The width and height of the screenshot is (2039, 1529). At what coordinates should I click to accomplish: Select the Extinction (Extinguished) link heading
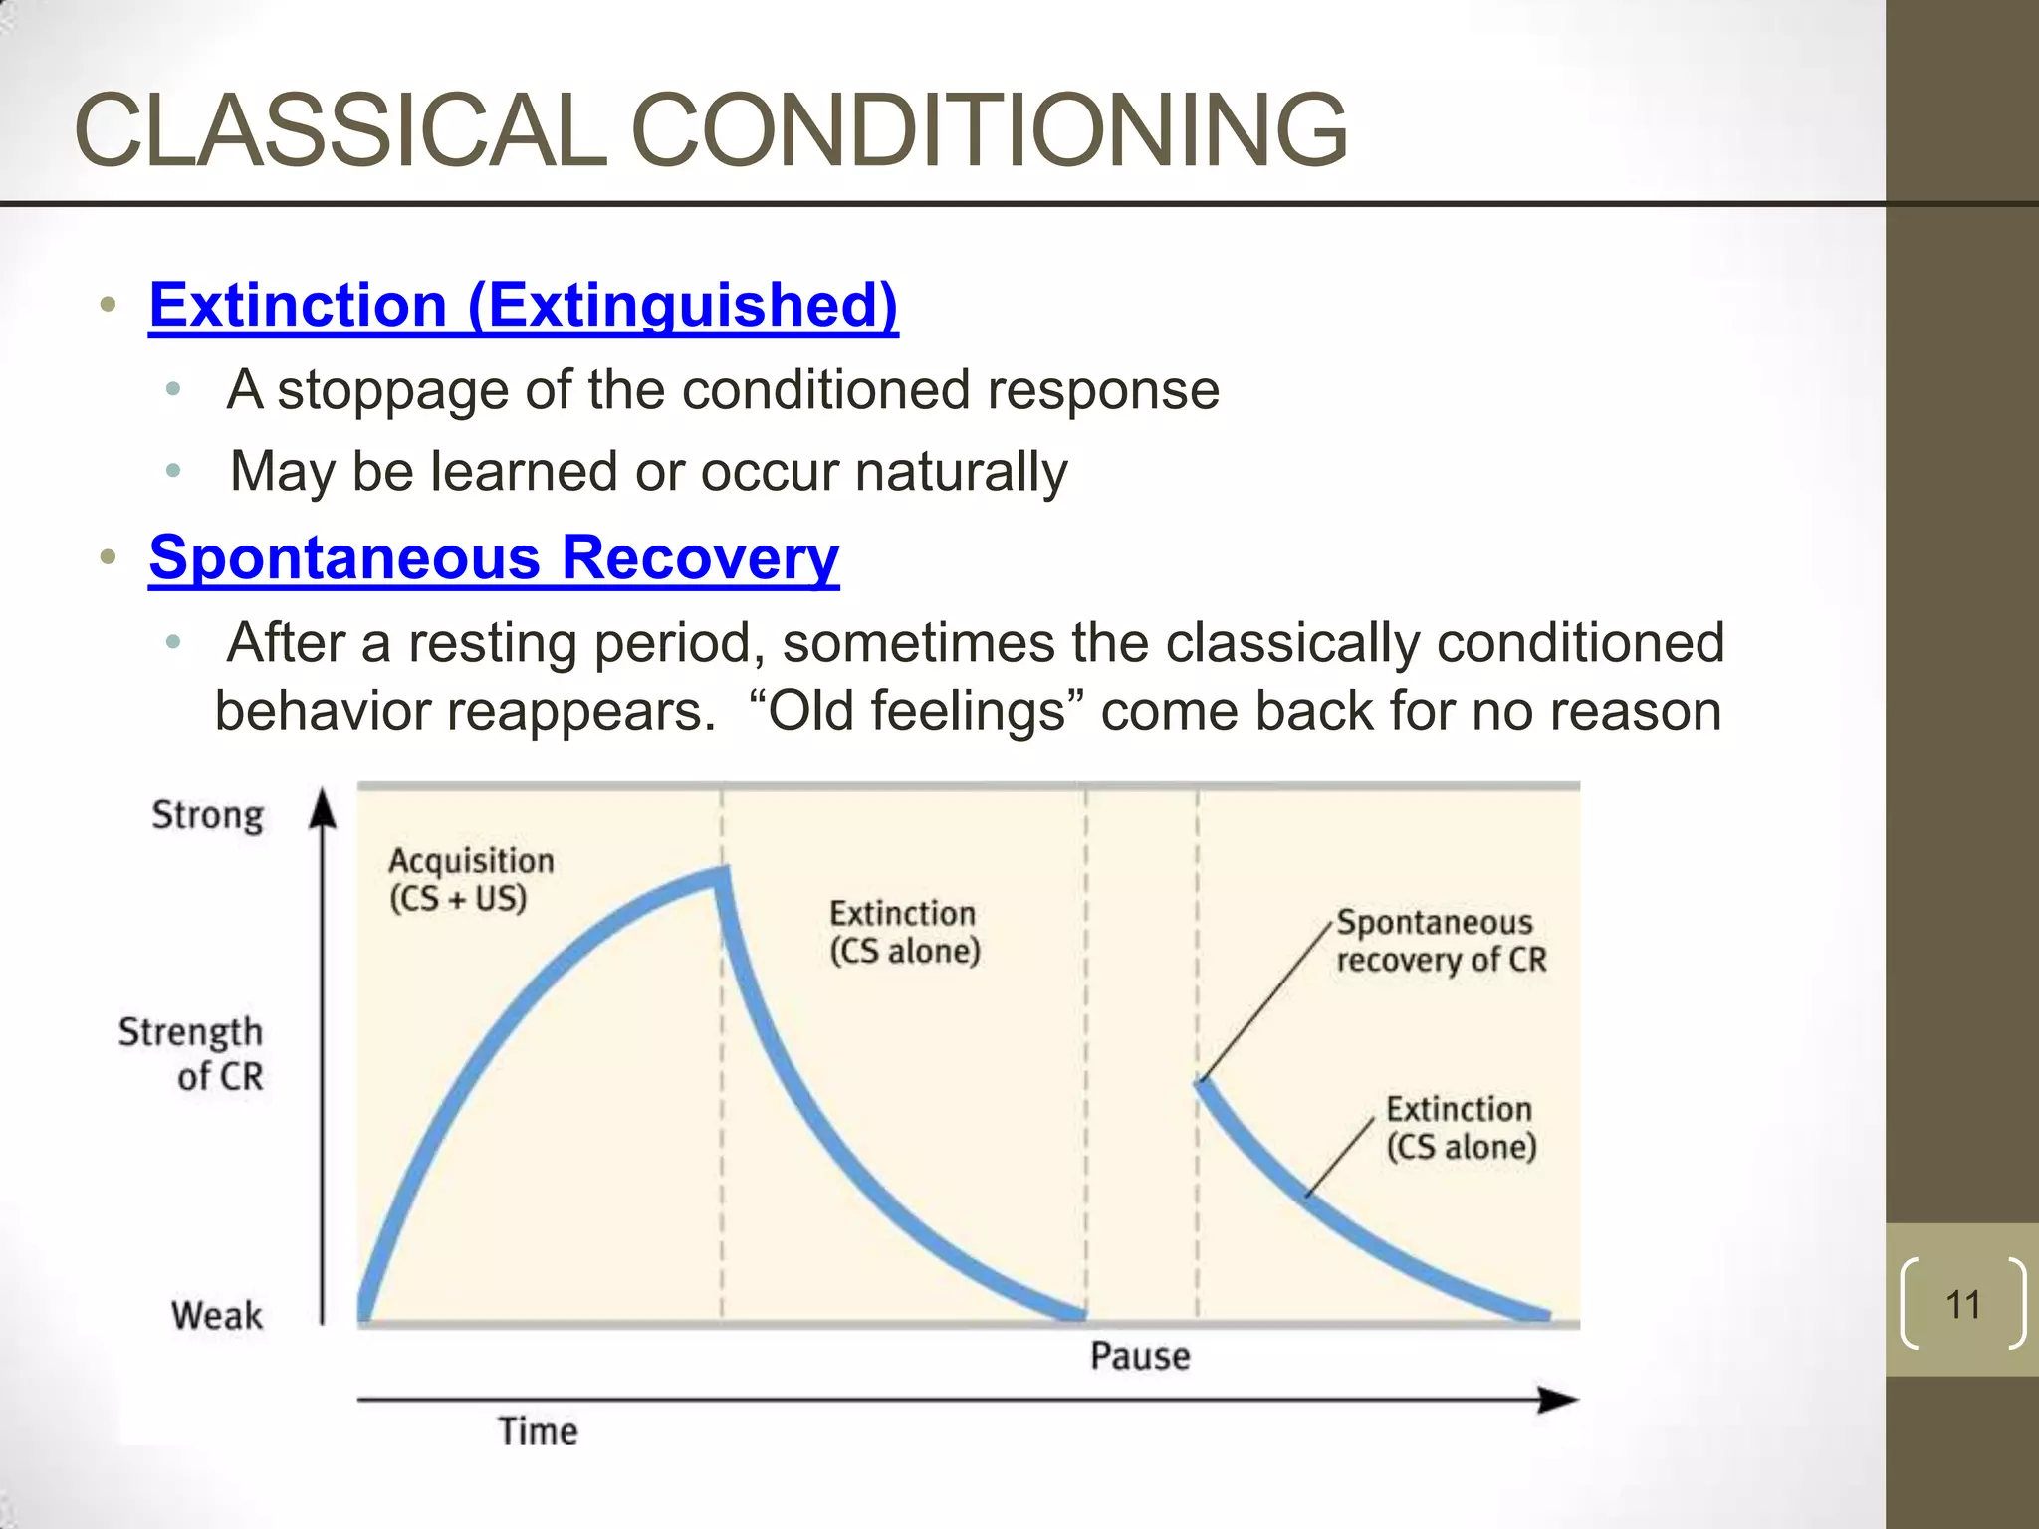(x=524, y=305)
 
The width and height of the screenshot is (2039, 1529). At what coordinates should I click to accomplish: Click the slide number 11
(x=1962, y=1305)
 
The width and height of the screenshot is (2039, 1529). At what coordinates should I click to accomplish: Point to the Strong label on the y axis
(x=208, y=815)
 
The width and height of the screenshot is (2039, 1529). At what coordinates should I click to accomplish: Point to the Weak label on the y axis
(x=217, y=1315)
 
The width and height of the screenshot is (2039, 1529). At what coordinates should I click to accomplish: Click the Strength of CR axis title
(x=192, y=1054)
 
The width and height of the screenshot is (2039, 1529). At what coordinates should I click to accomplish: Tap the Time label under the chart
(x=538, y=1431)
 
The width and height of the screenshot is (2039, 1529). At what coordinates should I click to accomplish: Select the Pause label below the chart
(x=1140, y=1356)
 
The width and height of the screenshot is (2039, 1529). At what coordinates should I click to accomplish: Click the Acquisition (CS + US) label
(x=470, y=879)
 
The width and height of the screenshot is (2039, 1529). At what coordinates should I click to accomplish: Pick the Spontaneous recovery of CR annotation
(x=1441, y=941)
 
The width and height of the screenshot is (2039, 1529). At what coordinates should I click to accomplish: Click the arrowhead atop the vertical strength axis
(x=323, y=808)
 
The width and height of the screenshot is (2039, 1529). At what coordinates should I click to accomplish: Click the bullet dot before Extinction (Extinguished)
(x=109, y=305)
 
